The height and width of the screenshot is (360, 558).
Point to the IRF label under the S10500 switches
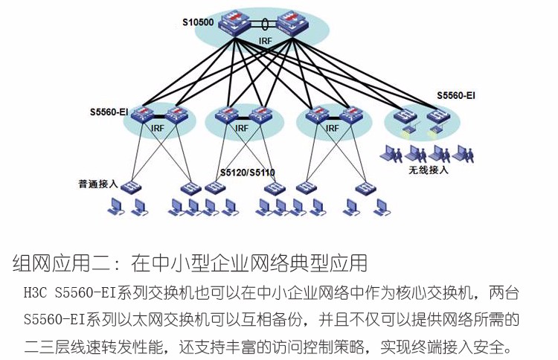[x=266, y=40]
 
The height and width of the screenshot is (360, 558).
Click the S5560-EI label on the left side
[x=109, y=112]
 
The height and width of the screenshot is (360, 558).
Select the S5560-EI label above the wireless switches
[x=455, y=96]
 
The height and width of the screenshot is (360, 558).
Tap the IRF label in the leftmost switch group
[x=157, y=129]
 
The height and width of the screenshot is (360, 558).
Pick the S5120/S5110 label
[x=247, y=173]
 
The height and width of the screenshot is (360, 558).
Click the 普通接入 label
[x=98, y=183]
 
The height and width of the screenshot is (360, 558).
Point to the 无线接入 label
[x=429, y=170]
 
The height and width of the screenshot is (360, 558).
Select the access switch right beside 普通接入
[x=133, y=184]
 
